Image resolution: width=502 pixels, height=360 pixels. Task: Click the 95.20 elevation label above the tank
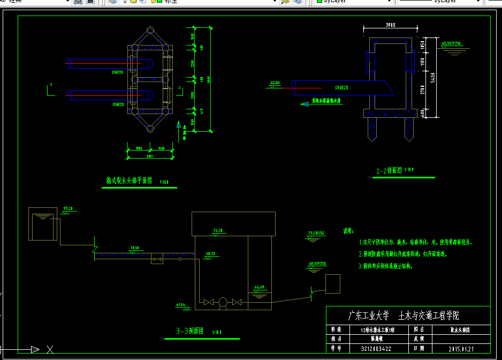point(68,208)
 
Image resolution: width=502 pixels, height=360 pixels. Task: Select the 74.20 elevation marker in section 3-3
point(218,230)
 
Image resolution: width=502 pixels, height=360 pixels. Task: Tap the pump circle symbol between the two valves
point(222,303)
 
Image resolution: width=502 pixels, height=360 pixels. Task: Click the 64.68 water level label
point(260,287)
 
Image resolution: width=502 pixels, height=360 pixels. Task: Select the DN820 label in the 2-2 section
point(342,87)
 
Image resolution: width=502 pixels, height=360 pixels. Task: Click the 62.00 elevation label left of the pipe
point(275,83)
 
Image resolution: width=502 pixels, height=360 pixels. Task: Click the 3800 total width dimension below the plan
point(150,156)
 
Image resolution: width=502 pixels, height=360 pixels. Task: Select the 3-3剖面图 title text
point(190,332)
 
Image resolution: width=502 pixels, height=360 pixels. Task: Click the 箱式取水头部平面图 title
point(130,181)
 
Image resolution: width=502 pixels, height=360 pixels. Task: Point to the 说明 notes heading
point(348,231)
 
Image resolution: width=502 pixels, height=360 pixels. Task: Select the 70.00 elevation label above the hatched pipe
point(134,248)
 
